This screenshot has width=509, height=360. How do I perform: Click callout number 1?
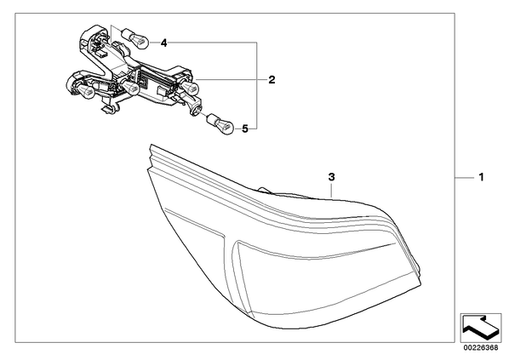482,177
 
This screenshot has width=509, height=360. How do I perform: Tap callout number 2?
272,79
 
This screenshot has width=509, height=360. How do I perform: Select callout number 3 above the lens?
331,177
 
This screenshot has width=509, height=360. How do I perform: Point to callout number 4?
164,43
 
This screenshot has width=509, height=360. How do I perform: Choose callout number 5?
245,129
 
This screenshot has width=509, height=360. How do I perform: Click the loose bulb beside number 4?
135,37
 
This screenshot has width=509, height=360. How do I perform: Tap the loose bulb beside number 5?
221,123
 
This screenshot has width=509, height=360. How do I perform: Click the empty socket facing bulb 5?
197,110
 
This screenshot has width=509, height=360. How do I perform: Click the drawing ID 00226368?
480,347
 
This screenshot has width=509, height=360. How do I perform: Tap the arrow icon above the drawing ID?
480,327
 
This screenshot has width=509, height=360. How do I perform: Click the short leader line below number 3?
331,190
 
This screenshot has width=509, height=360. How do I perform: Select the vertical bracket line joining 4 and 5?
257,86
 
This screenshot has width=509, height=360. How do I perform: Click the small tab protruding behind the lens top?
265,189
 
